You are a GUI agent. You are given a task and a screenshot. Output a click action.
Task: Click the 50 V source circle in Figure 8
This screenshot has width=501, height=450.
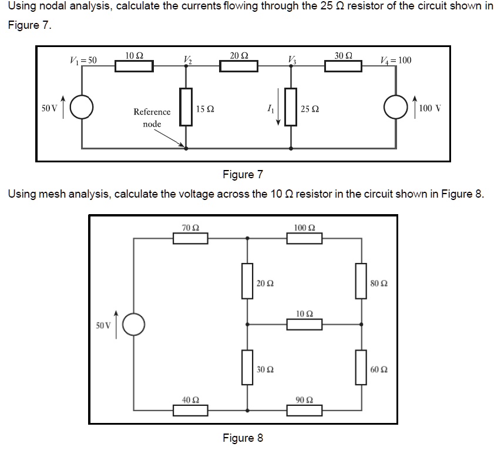tap(135, 324)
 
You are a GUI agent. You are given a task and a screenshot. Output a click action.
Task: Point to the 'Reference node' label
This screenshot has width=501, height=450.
tap(152, 118)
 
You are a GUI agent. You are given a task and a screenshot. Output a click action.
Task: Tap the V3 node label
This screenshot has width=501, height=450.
tap(292, 59)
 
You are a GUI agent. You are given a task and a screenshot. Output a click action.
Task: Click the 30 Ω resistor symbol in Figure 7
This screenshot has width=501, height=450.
tap(344, 66)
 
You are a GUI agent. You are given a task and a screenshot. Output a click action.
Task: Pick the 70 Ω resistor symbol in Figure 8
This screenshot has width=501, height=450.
tap(191, 238)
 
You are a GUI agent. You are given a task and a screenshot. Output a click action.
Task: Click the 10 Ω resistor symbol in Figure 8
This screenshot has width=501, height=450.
tap(305, 324)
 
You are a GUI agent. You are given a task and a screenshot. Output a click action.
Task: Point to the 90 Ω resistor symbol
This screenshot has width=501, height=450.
tap(305, 410)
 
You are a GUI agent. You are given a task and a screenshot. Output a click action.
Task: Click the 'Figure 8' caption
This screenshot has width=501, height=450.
tap(243, 438)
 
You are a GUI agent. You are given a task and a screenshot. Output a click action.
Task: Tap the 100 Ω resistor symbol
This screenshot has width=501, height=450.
tap(305, 238)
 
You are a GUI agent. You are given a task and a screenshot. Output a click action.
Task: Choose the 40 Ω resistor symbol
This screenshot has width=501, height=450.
tap(191, 410)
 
